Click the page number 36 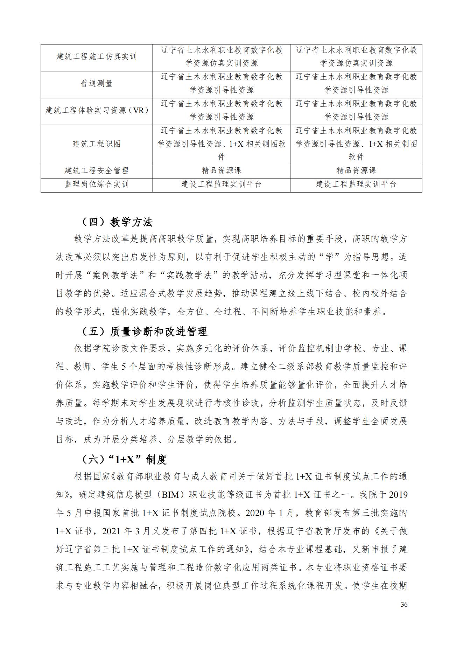[404, 605]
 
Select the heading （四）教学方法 [117, 222]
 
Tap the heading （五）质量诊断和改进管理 [144, 331]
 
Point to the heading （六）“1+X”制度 [124, 459]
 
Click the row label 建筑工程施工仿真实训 [97, 57]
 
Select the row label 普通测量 [97, 84]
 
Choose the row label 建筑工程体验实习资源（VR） [97, 111]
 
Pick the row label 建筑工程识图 [97, 144]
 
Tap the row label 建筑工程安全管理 [97, 171]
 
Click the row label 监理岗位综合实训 [97, 184]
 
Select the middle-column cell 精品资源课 [222, 171]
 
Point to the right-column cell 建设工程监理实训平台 [356, 184]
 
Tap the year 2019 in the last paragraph [398, 495]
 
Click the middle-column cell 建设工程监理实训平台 [222, 184]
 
